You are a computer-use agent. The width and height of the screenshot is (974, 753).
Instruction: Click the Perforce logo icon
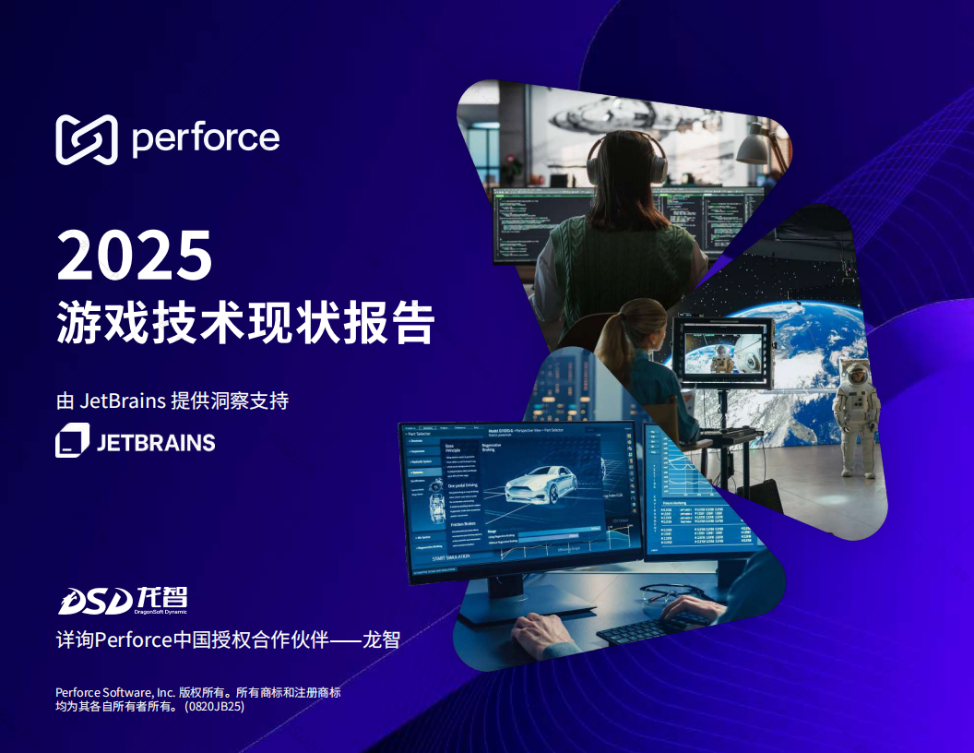[86, 139]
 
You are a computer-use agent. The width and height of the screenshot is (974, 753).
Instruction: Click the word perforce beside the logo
[205, 138]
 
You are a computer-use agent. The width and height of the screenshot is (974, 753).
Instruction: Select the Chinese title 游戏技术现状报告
[244, 322]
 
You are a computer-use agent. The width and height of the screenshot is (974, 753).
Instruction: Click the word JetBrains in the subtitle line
[123, 401]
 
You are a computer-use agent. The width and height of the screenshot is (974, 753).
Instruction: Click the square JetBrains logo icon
[72, 440]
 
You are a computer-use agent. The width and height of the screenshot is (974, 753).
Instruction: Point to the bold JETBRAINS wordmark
[156, 442]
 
